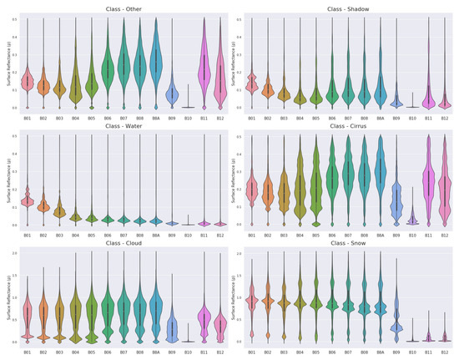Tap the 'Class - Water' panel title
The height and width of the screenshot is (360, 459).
(x=120, y=125)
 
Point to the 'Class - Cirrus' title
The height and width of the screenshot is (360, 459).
(x=345, y=125)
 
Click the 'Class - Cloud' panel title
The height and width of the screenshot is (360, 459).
(x=120, y=243)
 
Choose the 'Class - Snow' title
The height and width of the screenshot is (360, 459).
(x=345, y=243)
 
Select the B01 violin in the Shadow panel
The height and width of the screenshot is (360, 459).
(x=251, y=84)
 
